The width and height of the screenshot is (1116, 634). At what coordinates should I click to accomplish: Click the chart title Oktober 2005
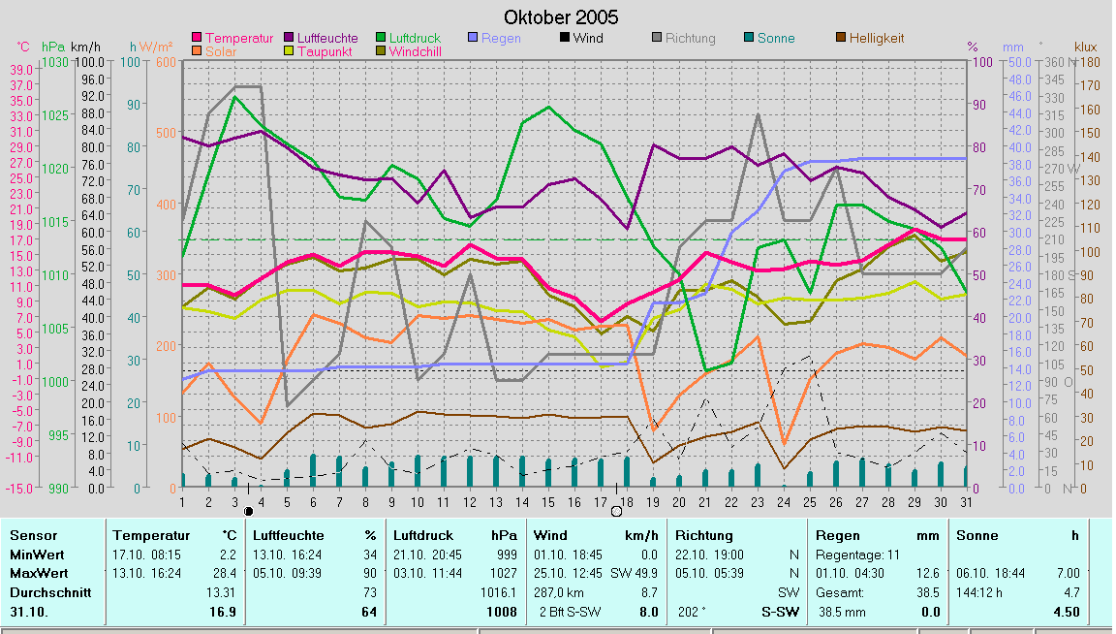(x=561, y=17)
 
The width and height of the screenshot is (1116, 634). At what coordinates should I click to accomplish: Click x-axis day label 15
(x=548, y=501)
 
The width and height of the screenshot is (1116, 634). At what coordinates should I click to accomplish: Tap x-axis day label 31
(x=966, y=501)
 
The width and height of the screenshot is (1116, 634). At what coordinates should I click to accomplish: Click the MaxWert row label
(x=38, y=573)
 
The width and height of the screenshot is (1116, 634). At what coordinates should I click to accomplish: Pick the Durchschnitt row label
(x=49, y=592)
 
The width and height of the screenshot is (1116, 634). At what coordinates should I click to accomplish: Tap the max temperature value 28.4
(x=226, y=573)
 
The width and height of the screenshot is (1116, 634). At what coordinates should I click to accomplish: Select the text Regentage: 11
(x=856, y=555)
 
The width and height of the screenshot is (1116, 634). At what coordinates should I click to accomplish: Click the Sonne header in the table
(x=976, y=535)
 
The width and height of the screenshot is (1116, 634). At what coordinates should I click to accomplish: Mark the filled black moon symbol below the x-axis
(x=248, y=511)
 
